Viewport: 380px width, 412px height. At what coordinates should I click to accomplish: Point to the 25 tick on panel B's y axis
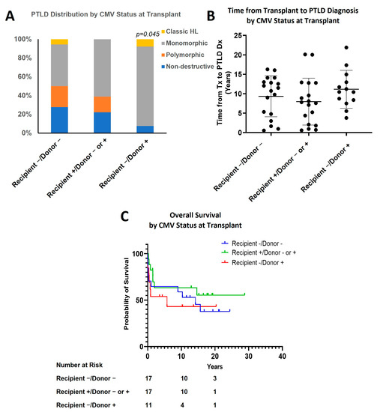238,35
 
